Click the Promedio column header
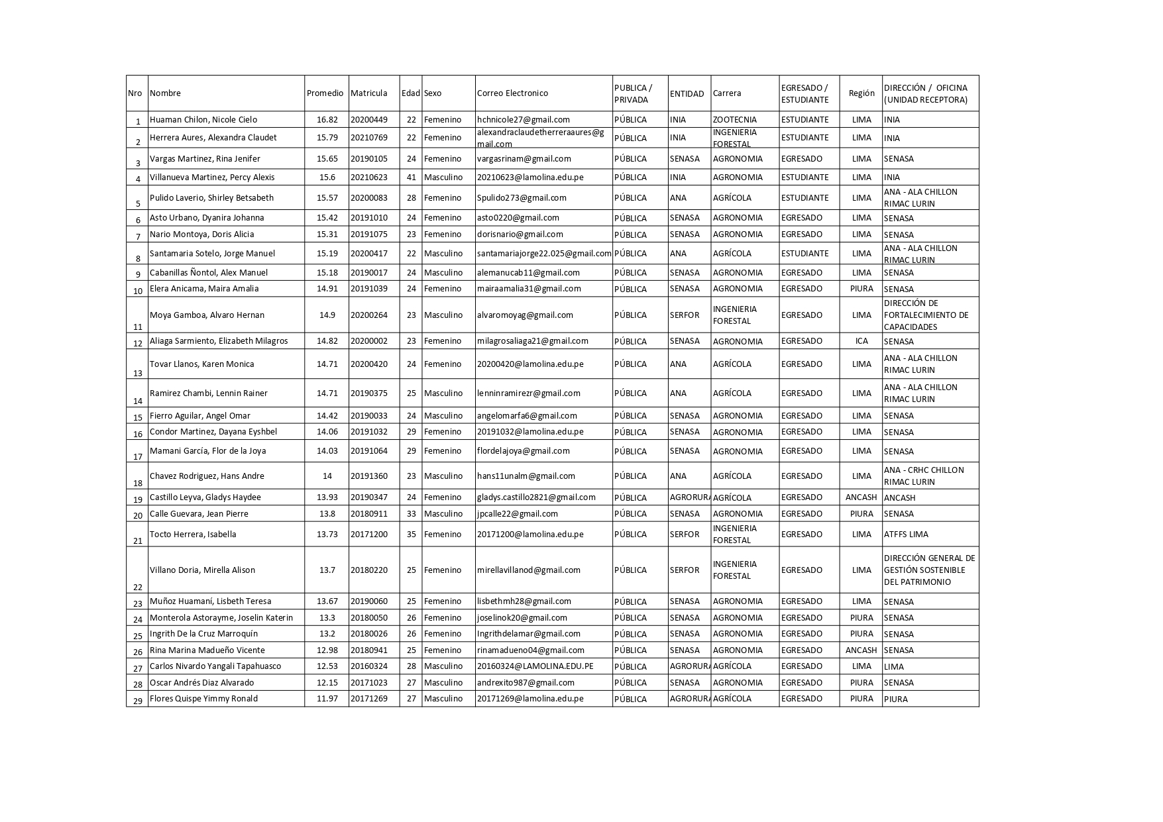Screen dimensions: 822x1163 tap(325, 93)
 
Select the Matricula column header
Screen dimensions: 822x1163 tap(369, 93)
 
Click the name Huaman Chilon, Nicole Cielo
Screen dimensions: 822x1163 tap(203, 120)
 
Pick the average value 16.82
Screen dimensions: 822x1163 tap(327, 120)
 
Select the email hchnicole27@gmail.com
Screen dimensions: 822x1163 tap(524, 120)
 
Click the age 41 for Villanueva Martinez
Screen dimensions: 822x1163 tap(411, 178)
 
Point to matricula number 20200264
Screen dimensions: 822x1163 tap(369, 315)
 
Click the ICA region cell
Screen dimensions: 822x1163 tap(861, 341)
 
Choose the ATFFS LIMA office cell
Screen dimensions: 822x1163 tap(906, 535)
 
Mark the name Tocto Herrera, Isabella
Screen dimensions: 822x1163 tap(193, 535)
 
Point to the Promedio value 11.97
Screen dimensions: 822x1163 tap(327, 699)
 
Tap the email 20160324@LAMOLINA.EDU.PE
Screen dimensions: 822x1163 tap(535, 666)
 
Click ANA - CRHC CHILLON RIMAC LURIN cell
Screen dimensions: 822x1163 tap(923, 476)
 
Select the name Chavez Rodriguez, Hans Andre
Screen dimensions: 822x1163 tap(207, 476)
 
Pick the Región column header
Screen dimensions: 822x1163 tap(861, 93)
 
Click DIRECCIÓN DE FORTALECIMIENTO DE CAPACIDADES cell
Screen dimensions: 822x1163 tap(926, 315)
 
